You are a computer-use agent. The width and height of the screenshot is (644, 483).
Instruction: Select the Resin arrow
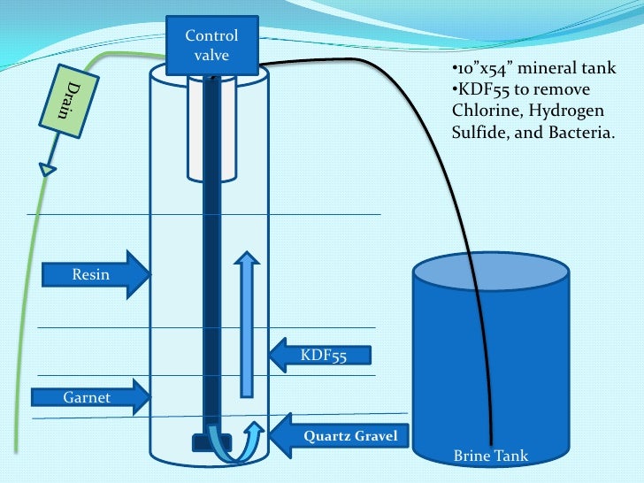click(96, 274)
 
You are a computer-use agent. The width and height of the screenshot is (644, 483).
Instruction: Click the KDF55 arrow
click(318, 356)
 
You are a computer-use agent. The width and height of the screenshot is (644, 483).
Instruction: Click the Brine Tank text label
click(490, 456)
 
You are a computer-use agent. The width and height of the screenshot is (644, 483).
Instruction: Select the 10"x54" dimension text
click(483, 71)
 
